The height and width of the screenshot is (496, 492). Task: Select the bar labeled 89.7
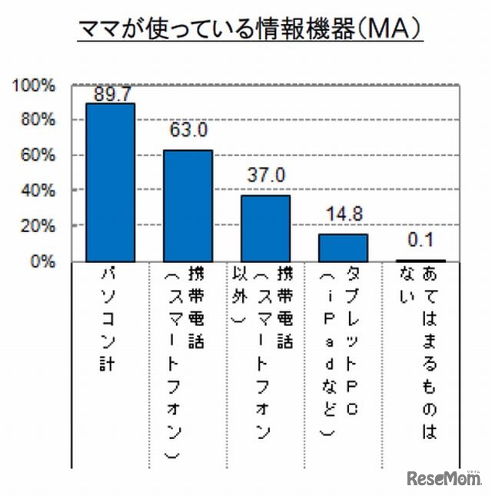coord(110,182)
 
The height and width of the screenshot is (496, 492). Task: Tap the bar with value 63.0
coord(188,205)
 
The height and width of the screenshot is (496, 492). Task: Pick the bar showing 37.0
coord(265,228)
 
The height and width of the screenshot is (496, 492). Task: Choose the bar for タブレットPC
coord(343,248)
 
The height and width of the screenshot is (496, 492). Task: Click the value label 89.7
coord(110,94)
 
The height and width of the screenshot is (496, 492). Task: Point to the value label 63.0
coord(188,130)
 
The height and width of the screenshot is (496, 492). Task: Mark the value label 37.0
coord(266,175)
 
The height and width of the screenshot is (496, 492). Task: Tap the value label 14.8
coord(344,215)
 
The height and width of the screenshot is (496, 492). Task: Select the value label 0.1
coord(421,240)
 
